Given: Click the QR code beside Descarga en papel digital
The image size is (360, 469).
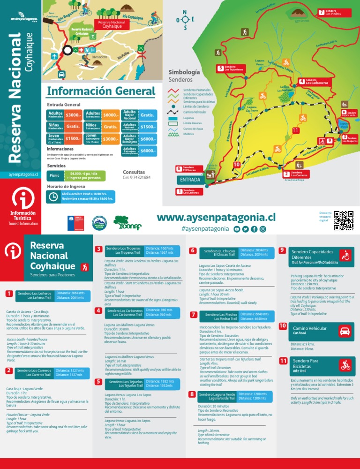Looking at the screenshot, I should pyautogui.click(x=344, y=221).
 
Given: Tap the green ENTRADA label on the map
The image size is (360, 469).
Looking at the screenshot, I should pyautogui.click(x=190, y=180).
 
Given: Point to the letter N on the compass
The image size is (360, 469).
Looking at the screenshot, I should pyautogui.click(x=185, y=13).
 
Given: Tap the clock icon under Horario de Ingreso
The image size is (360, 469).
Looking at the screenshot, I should pyautogui.click(x=53, y=196).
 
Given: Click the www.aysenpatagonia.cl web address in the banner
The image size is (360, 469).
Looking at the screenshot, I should pyautogui.click(x=216, y=218).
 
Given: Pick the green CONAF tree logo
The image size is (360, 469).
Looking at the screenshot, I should pyautogui.click(x=124, y=223).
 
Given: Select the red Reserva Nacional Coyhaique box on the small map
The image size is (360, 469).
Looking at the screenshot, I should pyautogui.click(x=111, y=24).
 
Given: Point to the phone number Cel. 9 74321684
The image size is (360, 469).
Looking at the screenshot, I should pyautogui.click(x=136, y=178).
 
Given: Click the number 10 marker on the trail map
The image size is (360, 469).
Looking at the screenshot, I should pyautogui.click(x=236, y=165).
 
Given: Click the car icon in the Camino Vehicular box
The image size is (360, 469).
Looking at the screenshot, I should pyautogui.click(x=345, y=331).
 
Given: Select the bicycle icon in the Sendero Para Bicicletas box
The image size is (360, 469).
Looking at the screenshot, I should pyautogui.click(x=346, y=364).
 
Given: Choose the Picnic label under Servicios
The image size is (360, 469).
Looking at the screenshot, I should pyautogui.click(x=54, y=176).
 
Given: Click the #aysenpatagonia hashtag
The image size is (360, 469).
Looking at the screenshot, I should pyautogui.click(x=205, y=229).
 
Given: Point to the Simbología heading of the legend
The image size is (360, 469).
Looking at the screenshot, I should pyautogui.click(x=184, y=72).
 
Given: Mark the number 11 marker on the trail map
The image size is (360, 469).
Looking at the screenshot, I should pyautogui.click(x=295, y=130).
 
